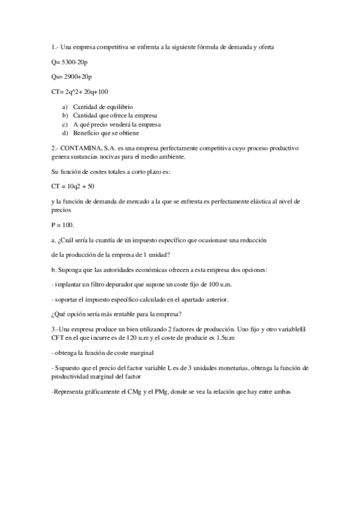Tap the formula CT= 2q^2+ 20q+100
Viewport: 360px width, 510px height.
(80, 91)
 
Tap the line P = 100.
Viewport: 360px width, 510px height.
(61, 225)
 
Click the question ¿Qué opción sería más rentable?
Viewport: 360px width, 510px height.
(117, 313)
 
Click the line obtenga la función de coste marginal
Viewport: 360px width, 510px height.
(104, 352)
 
